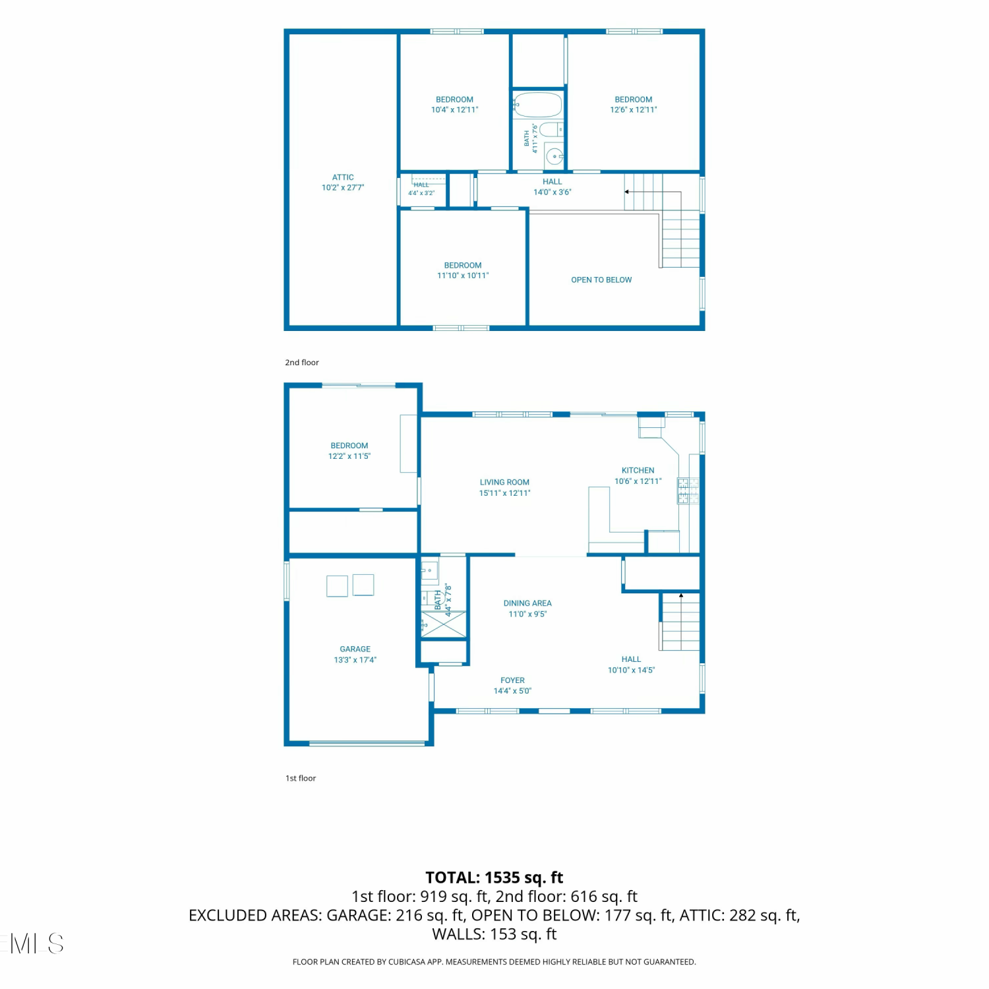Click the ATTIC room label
(x=343, y=177)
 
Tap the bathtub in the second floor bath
(x=537, y=105)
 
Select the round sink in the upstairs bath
(x=554, y=157)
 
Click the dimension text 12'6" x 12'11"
(x=634, y=110)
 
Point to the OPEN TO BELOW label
(x=601, y=280)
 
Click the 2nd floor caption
(x=302, y=363)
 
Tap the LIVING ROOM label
(x=504, y=483)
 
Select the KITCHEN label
(x=638, y=471)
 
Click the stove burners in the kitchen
(x=688, y=491)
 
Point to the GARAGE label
(x=355, y=649)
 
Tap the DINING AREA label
(x=527, y=603)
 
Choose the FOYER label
(x=512, y=680)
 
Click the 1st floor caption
(x=301, y=779)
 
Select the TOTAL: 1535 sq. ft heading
(x=494, y=878)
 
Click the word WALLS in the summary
(x=458, y=934)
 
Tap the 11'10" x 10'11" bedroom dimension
(x=463, y=276)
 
